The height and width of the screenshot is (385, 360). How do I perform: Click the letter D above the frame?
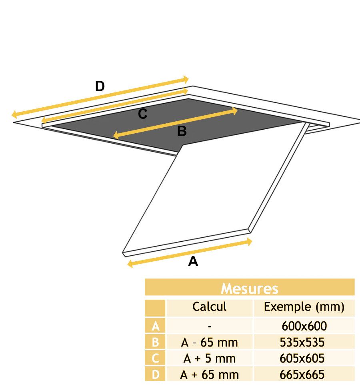pyautogui.click(x=100, y=86)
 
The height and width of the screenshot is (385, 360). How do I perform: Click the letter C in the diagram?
pyautogui.click(x=143, y=114)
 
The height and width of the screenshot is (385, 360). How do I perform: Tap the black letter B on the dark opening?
pyautogui.click(x=182, y=131)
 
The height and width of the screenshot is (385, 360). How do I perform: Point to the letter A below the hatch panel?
pyautogui.click(x=193, y=261)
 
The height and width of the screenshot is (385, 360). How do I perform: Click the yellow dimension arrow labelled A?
pyautogui.click(x=190, y=253)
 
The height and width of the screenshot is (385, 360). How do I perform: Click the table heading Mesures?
pyautogui.click(x=250, y=289)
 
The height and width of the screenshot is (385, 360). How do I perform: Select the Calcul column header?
pyautogui.click(x=209, y=307)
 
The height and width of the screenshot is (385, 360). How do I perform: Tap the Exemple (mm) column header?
pyautogui.click(x=304, y=307)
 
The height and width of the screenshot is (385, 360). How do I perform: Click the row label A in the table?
pyautogui.click(x=155, y=326)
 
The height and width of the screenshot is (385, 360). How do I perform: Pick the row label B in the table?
pyautogui.click(x=155, y=343)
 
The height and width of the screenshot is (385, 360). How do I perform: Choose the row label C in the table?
pyautogui.click(x=155, y=359)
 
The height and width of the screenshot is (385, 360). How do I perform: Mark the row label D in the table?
pyautogui.click(x=155, y=375)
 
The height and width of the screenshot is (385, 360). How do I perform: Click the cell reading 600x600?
pyautogui.click(x=304, y=326)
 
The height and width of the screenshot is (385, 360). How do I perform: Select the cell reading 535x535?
pyautogui.click(x=304, y=343)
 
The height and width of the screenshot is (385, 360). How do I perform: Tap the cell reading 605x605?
pyautogui.click(x=304, y=359)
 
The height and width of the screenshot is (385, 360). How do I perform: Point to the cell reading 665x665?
pyautogui.click(x=304, y=375)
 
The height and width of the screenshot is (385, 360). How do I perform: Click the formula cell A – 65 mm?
pyautogui.click(x=209, y=343)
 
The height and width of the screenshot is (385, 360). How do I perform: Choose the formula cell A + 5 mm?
pyautogui.click(x=209, y=359)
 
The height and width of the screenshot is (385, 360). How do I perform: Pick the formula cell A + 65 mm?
pyautogui.click(x=209, y=375)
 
